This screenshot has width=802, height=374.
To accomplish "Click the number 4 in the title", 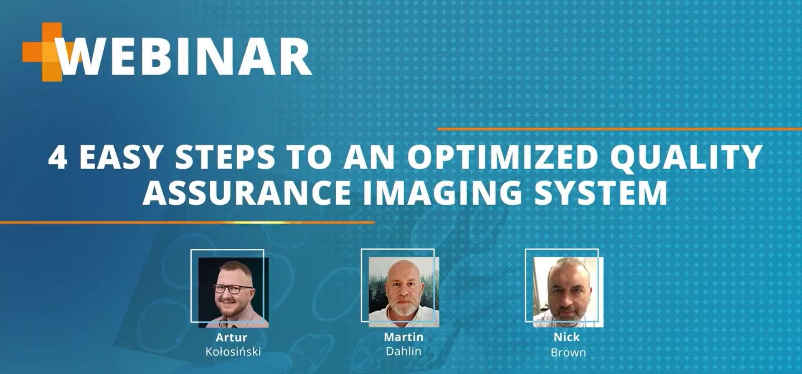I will click(x=58, y=157).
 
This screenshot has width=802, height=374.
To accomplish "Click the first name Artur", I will click(x=231, y=337).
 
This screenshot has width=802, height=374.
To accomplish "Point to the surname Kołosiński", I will click(x=233, y=351).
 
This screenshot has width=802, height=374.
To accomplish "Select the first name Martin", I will click(x=404, y=337).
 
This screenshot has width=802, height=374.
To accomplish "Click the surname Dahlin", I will click(x=404, y=351).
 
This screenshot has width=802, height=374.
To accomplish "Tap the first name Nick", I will click(x=567, y=337).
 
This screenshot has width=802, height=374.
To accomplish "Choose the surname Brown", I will click(x=568, y=352).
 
